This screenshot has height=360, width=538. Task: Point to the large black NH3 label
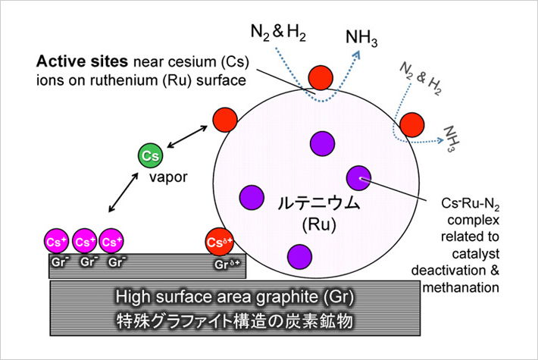tap(363, 36)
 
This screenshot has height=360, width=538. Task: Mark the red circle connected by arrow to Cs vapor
tap(224, 118)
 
